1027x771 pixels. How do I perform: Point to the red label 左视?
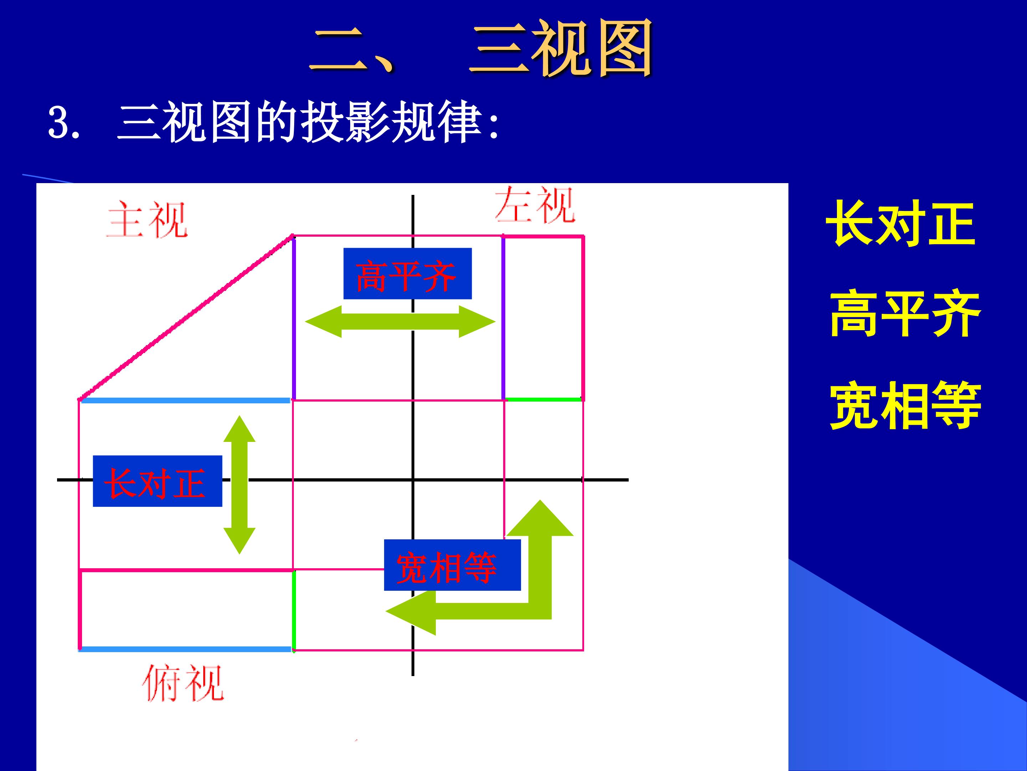click(x=535, y=205)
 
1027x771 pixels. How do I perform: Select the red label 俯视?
click(x=183, y=682)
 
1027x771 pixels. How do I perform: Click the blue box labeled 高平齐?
click(x=407, y=273)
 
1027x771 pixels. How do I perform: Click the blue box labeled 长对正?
click(x=157, y=481)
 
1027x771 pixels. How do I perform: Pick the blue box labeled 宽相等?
click(x=452, y=565)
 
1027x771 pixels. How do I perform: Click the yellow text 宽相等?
click(x=905, y=404)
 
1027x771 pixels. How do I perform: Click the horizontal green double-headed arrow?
click(x=400, y=322)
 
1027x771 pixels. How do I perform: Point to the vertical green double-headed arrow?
click(x=240, y=485)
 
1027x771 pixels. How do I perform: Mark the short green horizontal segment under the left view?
click(x=543, y=399)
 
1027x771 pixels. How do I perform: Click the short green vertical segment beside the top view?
click(x=294, y=610)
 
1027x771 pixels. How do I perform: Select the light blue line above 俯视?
click(x=185, y=649)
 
